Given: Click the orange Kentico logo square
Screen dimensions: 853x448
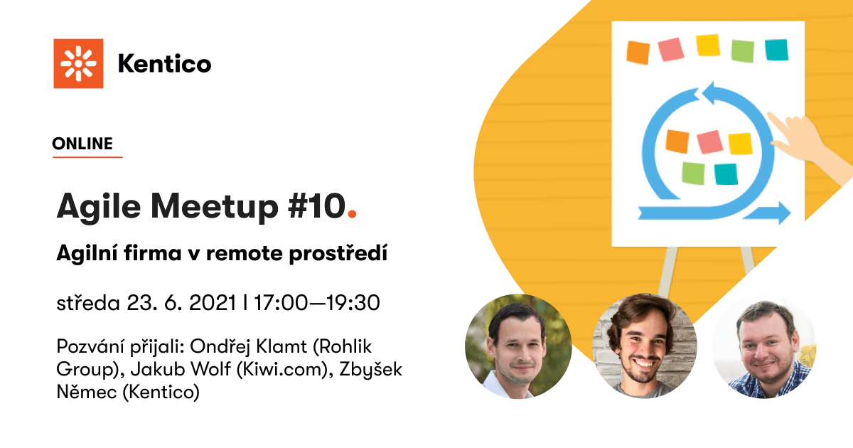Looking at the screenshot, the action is [x=78, y=63].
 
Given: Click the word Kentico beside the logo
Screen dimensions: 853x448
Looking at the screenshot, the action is [x=164, y=63].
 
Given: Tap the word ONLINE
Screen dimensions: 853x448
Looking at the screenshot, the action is [x=82, y=144].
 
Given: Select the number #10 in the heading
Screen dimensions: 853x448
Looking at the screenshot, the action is [x=317, y=206].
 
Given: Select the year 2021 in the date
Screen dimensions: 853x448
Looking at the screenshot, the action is [x=213, y=303].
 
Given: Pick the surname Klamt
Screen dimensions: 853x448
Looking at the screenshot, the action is [x=281, y=347].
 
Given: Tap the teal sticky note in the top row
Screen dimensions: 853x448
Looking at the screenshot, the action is [x=776, y=50].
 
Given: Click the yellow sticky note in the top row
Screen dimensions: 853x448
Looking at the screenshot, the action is [x=708, y=46].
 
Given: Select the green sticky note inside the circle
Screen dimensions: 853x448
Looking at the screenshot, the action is [x=694, y=174].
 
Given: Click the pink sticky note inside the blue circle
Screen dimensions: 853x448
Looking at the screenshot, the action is [x=710, y=142].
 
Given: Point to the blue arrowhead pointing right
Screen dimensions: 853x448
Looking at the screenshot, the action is [x=779, y=213].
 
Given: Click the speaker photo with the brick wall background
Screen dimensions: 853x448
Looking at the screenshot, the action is [x=644, y=346].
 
